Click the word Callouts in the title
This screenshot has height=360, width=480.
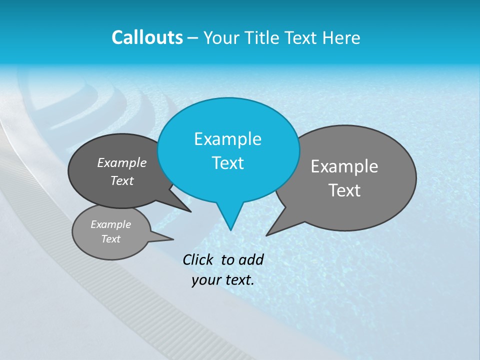[147, 37]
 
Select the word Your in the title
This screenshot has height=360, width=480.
[222, 38]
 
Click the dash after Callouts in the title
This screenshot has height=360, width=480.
[193, 38]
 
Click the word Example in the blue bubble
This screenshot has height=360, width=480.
[227, 139]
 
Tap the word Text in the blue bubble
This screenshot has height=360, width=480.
[227, 163]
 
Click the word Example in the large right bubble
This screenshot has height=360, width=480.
[344, 166]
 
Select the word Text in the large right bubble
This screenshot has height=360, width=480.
[344, 190]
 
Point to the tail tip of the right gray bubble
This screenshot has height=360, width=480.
[267, 234]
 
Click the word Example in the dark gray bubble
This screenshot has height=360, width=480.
[122, 163]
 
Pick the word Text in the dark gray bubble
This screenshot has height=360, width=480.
[122, 181]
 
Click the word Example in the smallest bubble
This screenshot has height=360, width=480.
[110, 225]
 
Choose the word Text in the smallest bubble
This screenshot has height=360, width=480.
[110, 239]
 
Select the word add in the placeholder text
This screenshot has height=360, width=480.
[251, 259]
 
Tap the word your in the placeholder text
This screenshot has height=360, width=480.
[205, 280]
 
